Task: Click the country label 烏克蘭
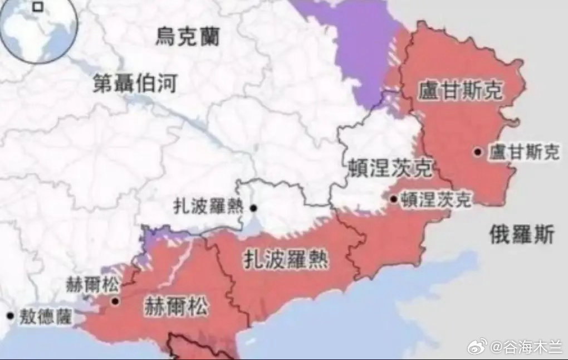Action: click(187, 37)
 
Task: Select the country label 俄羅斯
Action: click(522, 235)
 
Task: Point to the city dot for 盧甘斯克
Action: click(478, 152)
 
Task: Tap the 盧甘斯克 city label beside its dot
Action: click(523, 152)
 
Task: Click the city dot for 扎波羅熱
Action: click(253, 208)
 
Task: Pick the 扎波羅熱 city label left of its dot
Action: click(208, 207)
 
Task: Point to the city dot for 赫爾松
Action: click(115, 301)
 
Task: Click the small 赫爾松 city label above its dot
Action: click(92, 285)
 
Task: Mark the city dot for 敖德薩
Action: click(9, 315)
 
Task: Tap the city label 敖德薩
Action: click(46, 317)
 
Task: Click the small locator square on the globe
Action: click(38, 7)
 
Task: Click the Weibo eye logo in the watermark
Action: click(477, 347)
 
